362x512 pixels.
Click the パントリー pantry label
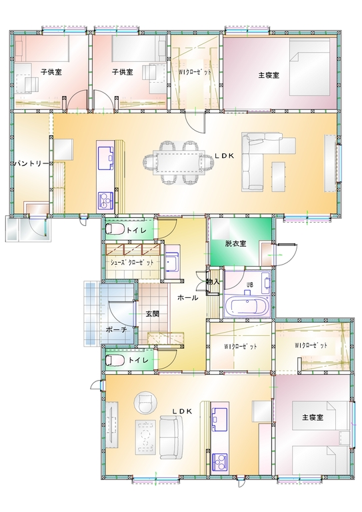coord(31,163)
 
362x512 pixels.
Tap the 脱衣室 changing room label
coord(235,243)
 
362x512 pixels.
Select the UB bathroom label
coord(250,285)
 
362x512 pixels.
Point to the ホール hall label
coord(188,298)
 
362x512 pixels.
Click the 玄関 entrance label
coord(152,314)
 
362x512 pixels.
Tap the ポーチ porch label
coord(116,330)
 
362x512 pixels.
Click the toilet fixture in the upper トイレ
coord(115,229)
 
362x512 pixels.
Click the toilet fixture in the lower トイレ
coord(115,360)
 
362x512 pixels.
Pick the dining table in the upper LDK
coord(179,162)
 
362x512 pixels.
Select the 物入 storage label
coord(213,281)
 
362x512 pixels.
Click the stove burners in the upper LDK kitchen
coord(105,201)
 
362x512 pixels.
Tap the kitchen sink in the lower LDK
coord(219,417)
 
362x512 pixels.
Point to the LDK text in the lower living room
coord(182,411)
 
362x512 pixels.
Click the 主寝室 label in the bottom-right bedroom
coord(313,417)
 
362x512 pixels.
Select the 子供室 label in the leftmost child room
coord(51,72)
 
